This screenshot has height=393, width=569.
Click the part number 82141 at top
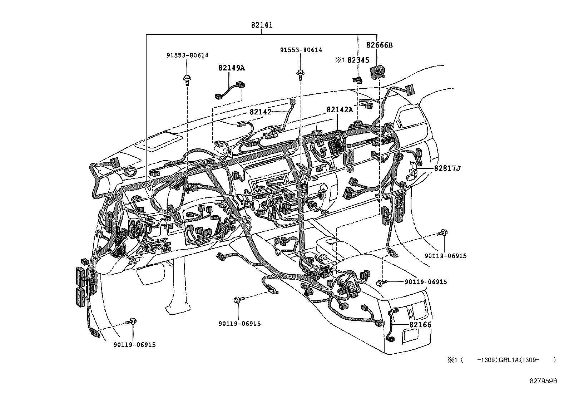click(262, 25)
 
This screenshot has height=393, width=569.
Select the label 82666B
click(379, 45)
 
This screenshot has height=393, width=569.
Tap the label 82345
click(358, 60)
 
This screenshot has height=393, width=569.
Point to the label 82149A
click(232, 68)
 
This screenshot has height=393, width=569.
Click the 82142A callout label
click(339, 109)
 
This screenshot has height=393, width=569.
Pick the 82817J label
click(447, 168)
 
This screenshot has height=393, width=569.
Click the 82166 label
click(420, 325)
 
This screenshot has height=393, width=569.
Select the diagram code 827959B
click(543, 381)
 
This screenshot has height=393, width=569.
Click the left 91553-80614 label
click(187, 55)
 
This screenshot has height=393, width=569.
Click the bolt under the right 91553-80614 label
click(301, 74)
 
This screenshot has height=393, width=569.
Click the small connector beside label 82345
click(357, 80)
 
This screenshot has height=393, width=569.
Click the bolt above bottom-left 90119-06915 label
click(133, 321)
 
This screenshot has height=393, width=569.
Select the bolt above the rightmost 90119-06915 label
click(443, 233)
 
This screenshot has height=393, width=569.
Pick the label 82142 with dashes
click(261, 112)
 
